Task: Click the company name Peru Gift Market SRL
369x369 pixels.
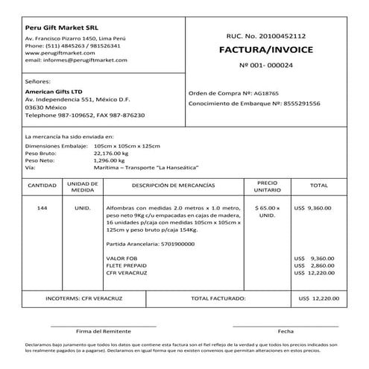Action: click(58, 28)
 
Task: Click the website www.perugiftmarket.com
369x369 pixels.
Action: click(57, 54)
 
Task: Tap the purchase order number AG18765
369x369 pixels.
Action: click(267, 93)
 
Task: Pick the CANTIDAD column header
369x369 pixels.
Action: click(42, 186)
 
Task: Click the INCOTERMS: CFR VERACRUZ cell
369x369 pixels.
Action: click(81, 298)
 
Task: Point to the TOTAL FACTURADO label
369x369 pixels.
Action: click(218, 298)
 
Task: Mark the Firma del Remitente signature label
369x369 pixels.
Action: click(104, 330)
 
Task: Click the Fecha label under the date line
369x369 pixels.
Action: click(286, 330)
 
